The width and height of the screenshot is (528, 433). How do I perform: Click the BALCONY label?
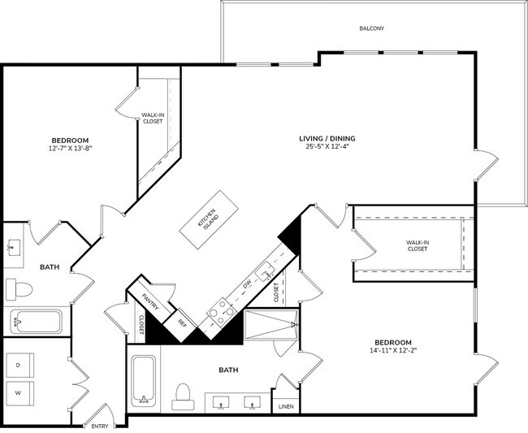click(x=371, y=28)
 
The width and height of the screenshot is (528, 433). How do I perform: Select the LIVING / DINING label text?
click(x=331, y=138)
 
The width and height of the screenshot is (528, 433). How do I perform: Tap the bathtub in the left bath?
click(x=36, y=322)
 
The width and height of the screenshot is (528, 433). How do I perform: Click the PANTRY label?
click(x=149, y=302)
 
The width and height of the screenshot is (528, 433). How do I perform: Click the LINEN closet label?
click(x=285, y=405)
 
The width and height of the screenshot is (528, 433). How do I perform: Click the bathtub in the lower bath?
click(x=144, y=379)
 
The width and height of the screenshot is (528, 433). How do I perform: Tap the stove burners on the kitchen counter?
click(x=221, y=310)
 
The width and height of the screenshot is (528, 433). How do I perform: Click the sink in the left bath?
click(x=14, y=249)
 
